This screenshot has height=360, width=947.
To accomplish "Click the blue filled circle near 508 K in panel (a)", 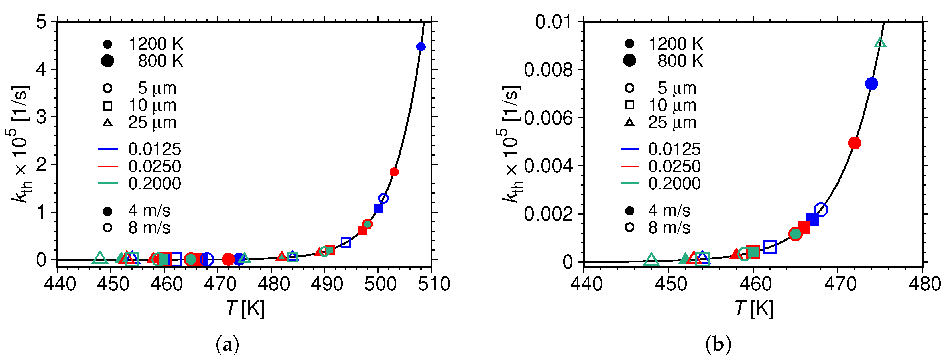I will [x=421, y=47].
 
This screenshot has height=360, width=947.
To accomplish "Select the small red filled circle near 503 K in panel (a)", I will [x=394, y=172].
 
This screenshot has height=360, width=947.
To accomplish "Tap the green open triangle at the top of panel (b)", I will [x=880, y=43].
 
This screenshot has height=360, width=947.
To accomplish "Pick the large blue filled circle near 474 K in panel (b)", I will [x=871, y=84].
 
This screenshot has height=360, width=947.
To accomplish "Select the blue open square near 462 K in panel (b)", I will [x=770, y=247].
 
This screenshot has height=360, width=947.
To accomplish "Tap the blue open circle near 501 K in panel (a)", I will [x=383, y=198].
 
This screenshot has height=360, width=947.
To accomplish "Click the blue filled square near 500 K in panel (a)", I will [x=378, y=208].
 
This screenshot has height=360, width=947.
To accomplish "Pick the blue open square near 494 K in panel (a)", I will [x=346, y=243].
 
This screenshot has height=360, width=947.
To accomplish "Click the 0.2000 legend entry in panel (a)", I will [x=154, y=184].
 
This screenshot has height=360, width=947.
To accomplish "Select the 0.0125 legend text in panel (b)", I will [x=674, y=149].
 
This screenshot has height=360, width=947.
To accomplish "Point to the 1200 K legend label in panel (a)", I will [x=156, y=44].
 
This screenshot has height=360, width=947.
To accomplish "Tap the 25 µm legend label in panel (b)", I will [x=672, y=123].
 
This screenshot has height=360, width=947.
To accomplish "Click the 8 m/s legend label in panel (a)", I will [x=149, y=228].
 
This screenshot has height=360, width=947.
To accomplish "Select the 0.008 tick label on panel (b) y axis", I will [x=548, y=70].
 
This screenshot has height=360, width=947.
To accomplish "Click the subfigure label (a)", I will [x=228, y=345].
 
